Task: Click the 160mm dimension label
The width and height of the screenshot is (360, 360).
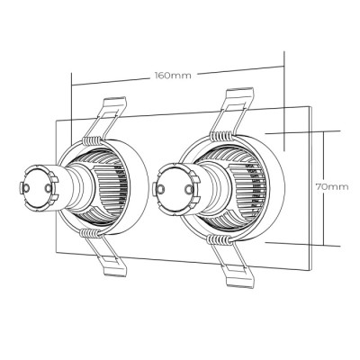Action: click(x=173, y=76)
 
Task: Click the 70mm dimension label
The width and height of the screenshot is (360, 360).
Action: click(x=332, y=187)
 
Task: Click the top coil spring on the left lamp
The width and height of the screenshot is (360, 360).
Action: click(x=93, y=140)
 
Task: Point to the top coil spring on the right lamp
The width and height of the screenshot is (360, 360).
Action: click(x=222, y=135)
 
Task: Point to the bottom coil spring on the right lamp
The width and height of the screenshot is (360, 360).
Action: click(x=219, y=238)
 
